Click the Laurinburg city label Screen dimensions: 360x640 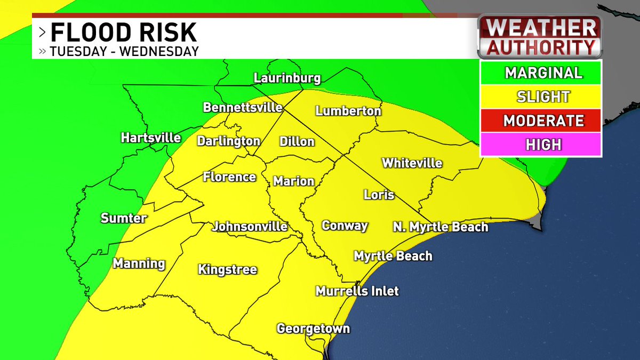(x=287, y=78)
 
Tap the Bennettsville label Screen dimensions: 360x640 (x=243, y=107)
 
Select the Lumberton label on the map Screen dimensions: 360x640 (x=348, y=111)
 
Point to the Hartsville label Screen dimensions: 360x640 (x=151, y=138)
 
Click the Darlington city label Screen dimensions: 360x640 (x=228, y=141)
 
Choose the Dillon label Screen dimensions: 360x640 (x=297, y=142)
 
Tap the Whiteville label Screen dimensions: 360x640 (x=412, y=163)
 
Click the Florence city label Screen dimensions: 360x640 (x=229, y=177)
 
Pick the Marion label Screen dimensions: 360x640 (x=294, y=181)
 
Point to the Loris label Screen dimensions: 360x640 (x=379, y=195)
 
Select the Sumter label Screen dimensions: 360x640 (x=124, y=218)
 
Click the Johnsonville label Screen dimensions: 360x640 (x=250, y=227)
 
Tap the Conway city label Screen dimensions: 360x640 (x=345, y=225)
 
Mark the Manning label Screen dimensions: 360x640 (x=139, y=263)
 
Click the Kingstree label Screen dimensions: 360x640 (x=227, y=269)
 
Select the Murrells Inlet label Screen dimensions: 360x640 (x=357, y=291)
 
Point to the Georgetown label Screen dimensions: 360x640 (x=313, y=329)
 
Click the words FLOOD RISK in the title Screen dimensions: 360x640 (x=124, y=33)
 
